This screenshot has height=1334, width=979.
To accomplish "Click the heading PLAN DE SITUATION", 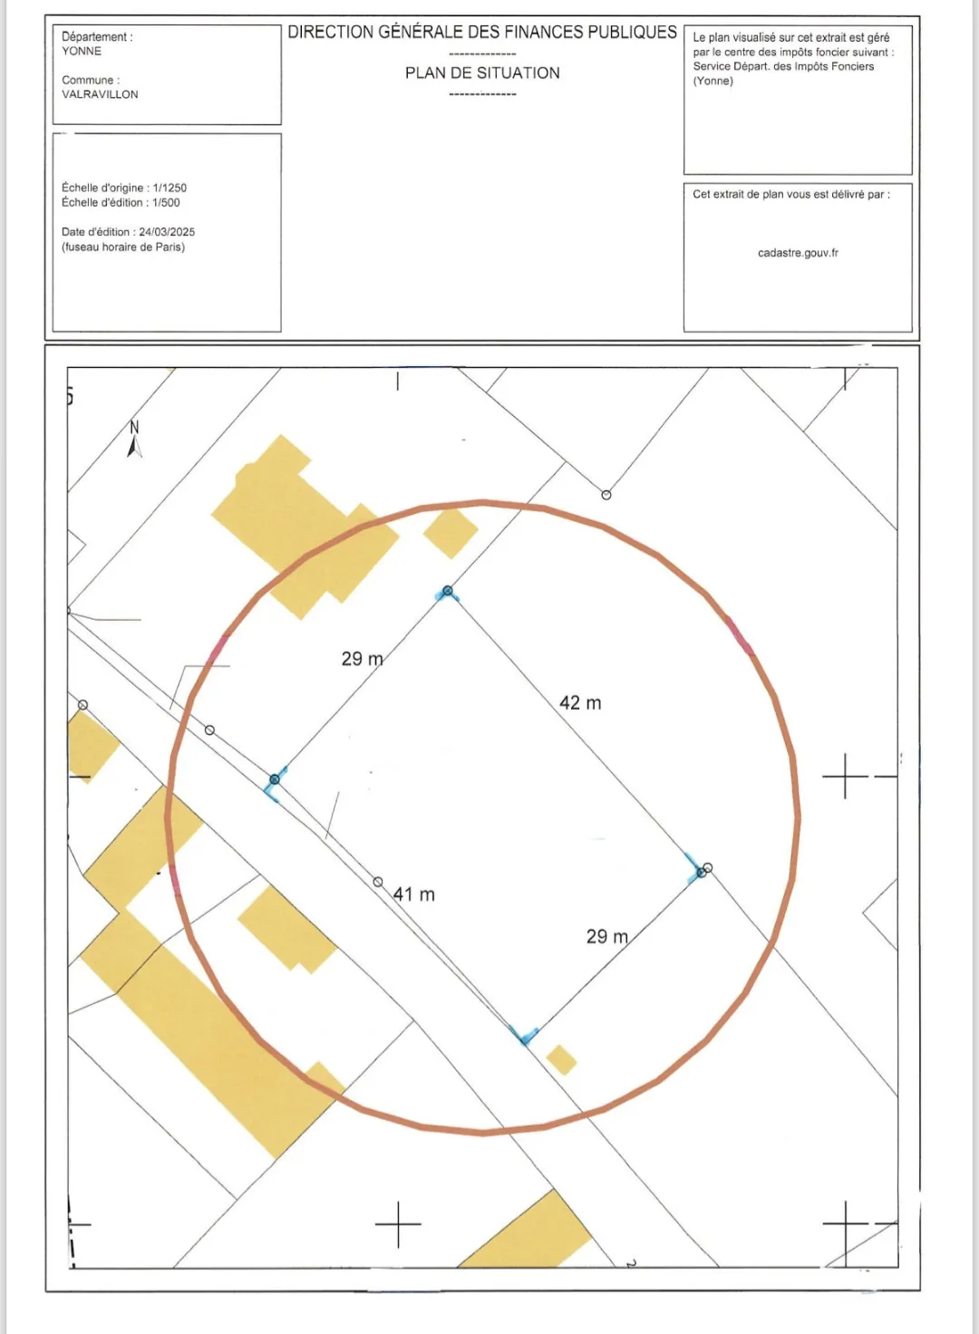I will pyautogui.click(x=482, y=72).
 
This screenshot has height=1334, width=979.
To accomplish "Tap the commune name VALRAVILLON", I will pyautogui.click(x=100, y=94).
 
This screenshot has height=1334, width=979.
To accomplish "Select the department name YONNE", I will pyautogui.click(x=82, y=51).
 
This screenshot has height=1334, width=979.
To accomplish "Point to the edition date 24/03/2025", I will pyautogui.click(x=167, y=232).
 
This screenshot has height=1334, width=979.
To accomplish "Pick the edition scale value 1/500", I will pyautogui.click(x=166, y=203).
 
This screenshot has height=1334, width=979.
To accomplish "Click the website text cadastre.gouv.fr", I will pyautogui.click(x=798, y=253).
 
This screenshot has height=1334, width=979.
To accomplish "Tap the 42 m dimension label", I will pyautogui.click(x=580, y=703).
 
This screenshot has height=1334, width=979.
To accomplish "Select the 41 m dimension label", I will pyautogui.click(x=414, y=894).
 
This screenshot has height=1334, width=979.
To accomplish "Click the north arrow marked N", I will pyautogui.click(x=134, y=439).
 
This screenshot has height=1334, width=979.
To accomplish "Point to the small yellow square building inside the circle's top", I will pyautogui.click(x=451, y=533).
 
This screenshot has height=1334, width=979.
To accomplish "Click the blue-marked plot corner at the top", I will pyautogui.click(x=447, y=592).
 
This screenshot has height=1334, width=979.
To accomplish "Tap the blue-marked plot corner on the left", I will pyautogui.click(x=275, y=780).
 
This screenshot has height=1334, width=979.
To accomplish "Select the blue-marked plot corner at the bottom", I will pyautogui.click(x=525, y=1036).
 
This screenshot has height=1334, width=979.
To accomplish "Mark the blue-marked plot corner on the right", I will pyautogui.click(x=700, y=871).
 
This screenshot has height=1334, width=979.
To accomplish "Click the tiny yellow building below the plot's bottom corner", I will pyautogui.click(x=561, y=1059).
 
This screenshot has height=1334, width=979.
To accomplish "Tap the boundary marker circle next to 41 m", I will pyautogui.click(x=378, y=882).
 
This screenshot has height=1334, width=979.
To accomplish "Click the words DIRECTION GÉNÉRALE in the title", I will pyautogui.click(x=381, y=33).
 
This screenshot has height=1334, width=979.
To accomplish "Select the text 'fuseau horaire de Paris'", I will pyautogui.click(x=123, y=246).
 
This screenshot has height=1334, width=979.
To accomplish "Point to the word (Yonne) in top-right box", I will pyautogui.click(x=712, y=81).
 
